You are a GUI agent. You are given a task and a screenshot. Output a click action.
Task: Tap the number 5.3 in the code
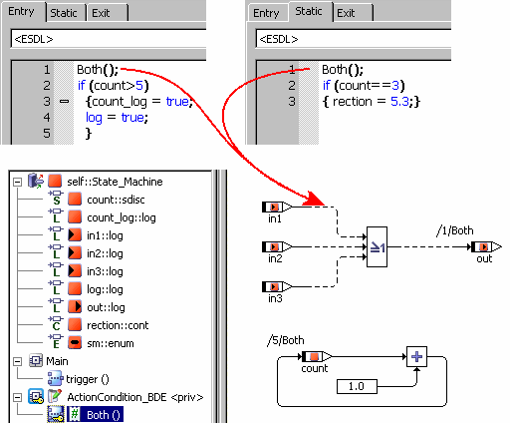tap(399, 101)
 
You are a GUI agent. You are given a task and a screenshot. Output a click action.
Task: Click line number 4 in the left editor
tap(47, 117)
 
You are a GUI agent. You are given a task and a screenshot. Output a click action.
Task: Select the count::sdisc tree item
tap(116, 200)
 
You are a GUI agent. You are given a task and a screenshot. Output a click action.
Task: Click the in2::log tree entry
tap(105, 253)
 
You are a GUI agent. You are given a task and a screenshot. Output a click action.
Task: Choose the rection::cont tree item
tap(118, 325)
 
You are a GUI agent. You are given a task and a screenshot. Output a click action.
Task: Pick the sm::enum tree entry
tap(111, 343)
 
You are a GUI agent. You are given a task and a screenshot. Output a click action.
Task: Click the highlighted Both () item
tap(96, 415)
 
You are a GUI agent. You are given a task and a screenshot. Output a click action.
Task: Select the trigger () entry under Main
tap(88, 379)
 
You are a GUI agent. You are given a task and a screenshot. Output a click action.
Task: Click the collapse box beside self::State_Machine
tap(17, 182)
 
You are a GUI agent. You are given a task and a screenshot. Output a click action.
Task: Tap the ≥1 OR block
tap(377, 247)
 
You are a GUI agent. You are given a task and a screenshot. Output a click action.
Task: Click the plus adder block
tap(416, 357)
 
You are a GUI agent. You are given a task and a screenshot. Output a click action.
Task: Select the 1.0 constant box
tap(357, 386)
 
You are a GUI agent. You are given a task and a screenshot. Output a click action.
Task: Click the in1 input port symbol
tap(277, 208)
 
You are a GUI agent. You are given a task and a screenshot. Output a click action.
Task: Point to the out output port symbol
tap(486, 247)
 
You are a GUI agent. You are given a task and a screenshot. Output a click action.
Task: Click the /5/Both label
tap(286, 340)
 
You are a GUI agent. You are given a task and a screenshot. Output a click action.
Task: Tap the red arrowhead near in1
tap(315, 199)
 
